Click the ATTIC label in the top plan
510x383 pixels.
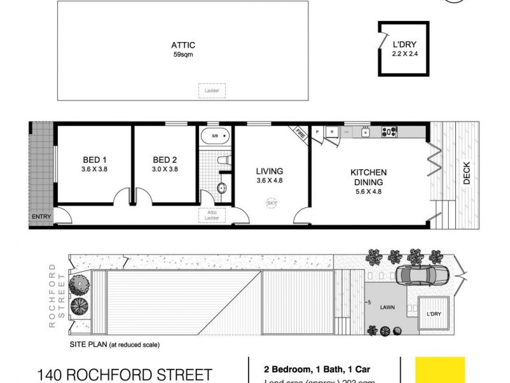182,45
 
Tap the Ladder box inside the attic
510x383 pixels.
208,91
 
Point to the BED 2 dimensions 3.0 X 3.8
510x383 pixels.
164,170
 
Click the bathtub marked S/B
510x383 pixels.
214,137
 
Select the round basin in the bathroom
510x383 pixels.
221,188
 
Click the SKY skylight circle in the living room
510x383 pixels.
272,203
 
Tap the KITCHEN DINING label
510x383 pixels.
368,177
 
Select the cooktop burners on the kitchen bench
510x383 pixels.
388,132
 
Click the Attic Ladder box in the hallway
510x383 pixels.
208,215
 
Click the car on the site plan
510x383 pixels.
423,276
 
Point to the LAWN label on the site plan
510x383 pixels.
388,307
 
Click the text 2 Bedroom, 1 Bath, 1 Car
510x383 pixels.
303,369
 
